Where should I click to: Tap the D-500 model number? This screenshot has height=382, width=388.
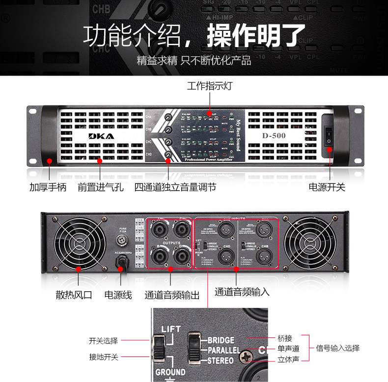click(274, 135)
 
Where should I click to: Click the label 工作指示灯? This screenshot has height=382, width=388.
click(210, 86)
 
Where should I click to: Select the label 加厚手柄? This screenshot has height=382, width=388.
click(48, 187)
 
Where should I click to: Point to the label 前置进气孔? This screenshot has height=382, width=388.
click(101, 187)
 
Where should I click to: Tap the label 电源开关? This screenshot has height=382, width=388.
click(327, 187)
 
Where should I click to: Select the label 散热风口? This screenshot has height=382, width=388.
click(74, 295)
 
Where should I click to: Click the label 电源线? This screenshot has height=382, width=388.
click(118, 295)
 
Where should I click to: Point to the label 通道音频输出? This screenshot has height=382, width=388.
click(172, 295)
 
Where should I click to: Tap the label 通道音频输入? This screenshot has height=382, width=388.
click(242, 291)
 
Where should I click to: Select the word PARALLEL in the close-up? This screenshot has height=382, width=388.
click(223, 351)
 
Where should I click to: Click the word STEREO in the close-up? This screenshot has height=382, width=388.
click(221, 361)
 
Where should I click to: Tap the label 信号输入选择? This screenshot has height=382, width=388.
click(337, 348)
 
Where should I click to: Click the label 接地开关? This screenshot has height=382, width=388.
click(104, 357)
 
